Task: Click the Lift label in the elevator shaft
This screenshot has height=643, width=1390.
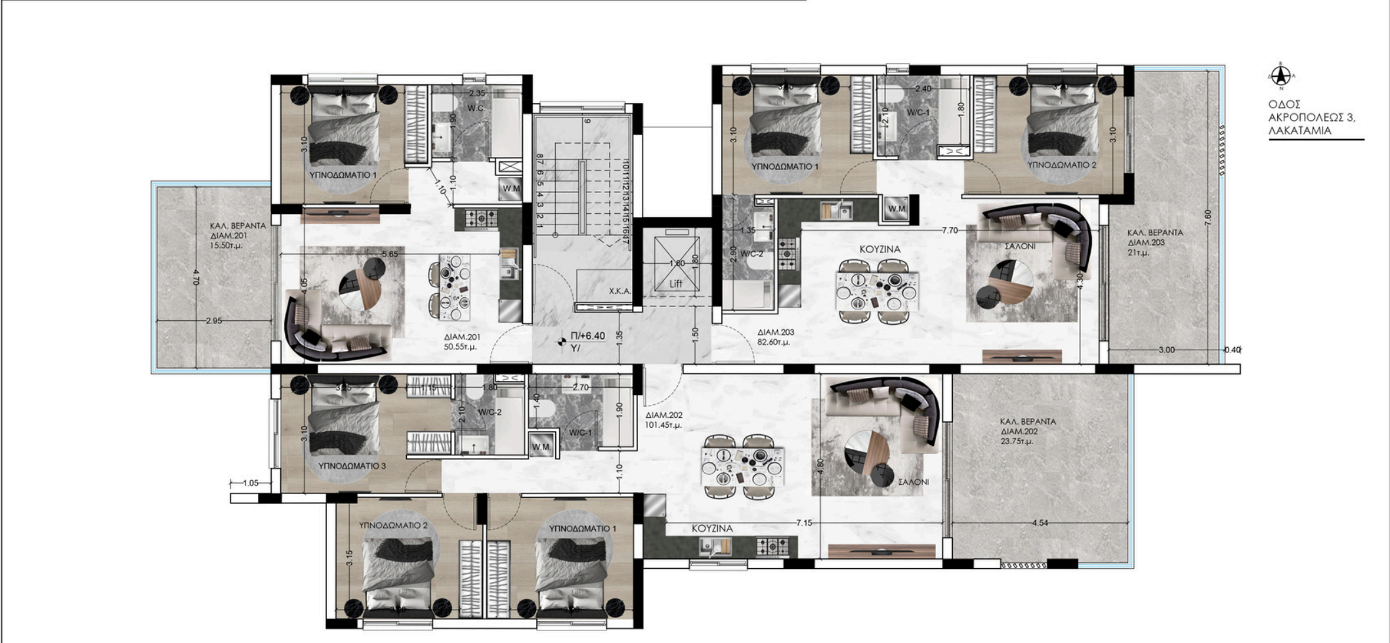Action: [x=676, y=283]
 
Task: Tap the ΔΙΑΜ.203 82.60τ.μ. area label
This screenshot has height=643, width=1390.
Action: [x=775, y=337]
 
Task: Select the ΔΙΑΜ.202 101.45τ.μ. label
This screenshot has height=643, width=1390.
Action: [x=663, y=420]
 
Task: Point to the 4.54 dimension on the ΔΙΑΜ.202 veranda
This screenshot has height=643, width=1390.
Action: [x=1040, y=523]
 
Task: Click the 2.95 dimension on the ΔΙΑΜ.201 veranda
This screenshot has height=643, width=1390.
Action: [x=215, y=321]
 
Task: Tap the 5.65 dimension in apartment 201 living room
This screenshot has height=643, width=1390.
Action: [x=390, y=254]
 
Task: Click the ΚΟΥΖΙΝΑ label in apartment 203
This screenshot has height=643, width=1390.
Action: [x=880, y=249]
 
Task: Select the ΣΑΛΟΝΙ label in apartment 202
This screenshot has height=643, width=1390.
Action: [x=914, y=482]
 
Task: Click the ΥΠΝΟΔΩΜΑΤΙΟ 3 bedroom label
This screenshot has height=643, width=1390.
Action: [x=352, y=466]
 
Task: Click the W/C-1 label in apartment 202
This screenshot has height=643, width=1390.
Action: [x=580, y=433]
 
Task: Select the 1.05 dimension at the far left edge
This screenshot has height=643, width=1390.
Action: [x=250, y=483]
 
